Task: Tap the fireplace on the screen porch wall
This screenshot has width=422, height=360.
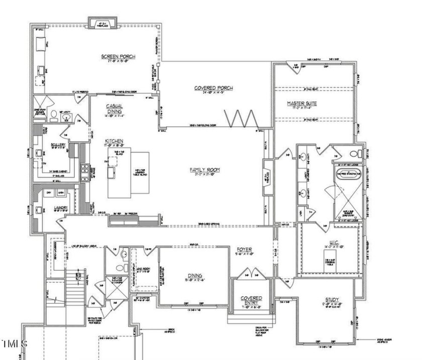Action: click(x=103, y=23)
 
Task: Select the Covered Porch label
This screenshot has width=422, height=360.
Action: click(x=213, y=88)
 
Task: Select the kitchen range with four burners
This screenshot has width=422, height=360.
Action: click(x=85, y=169)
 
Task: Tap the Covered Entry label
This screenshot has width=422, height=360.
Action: click(x=251, y=301)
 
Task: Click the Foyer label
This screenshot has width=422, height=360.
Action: click(x=245, y=250)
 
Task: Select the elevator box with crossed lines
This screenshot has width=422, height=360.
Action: click(x=116, y=287)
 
